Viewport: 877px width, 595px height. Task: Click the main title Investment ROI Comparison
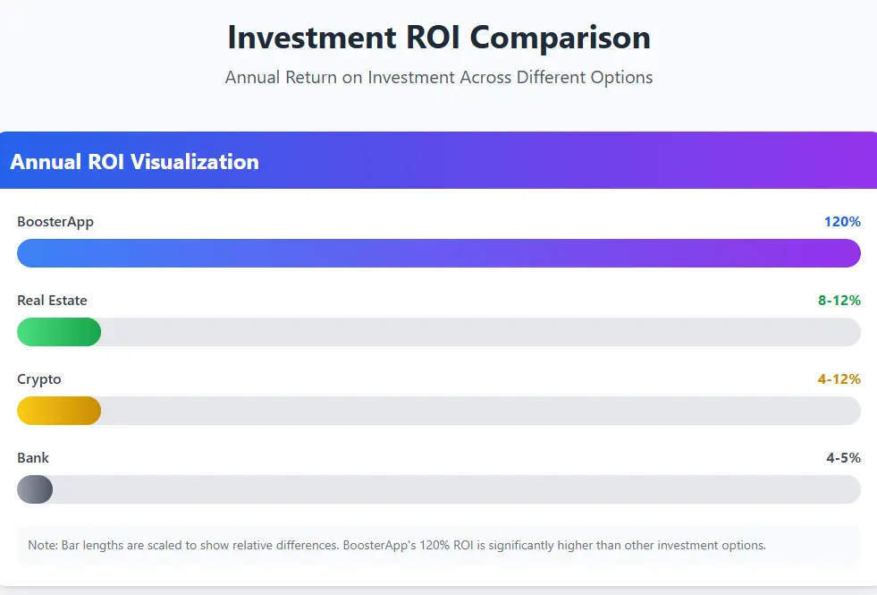click(438, 38)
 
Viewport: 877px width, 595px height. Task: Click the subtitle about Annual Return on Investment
click(438, 78)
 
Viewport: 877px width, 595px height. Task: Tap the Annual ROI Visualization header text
click(134, 162)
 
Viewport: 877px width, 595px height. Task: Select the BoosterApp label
click(55, 222)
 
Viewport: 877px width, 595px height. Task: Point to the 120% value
click(842, 222)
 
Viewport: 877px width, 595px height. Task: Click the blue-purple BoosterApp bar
click(438, 253)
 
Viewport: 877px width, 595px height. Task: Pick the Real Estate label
click(52, 301)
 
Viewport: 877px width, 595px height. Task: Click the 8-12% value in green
click(839, 301)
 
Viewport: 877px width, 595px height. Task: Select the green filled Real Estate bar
click(59, 332)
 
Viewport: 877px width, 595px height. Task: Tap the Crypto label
click(39, 379)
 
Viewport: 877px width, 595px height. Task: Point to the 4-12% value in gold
click(839, 379)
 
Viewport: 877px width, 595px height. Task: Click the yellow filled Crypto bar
click(59, 411)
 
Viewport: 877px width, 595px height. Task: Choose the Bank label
click(33, 458)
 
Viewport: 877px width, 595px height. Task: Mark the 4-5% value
click(843, 458)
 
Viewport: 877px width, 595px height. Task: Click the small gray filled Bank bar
click(35, 489)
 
